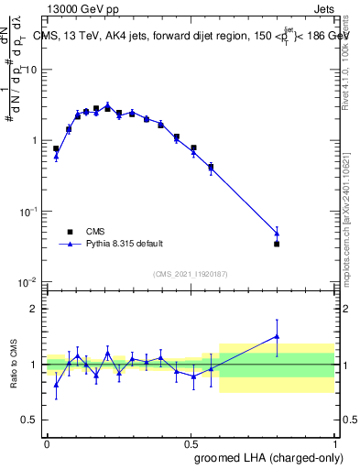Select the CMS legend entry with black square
(x=95, y=232)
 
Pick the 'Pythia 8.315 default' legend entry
(x=125, y=244)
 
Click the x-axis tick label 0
(x=47, y=442)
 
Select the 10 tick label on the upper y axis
(x=31, y=70)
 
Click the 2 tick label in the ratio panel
(x=33, y=309)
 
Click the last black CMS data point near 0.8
(x=277, y=244)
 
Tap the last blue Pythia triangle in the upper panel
(x=277, y=234)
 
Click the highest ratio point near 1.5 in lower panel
(x=277, y=336)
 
